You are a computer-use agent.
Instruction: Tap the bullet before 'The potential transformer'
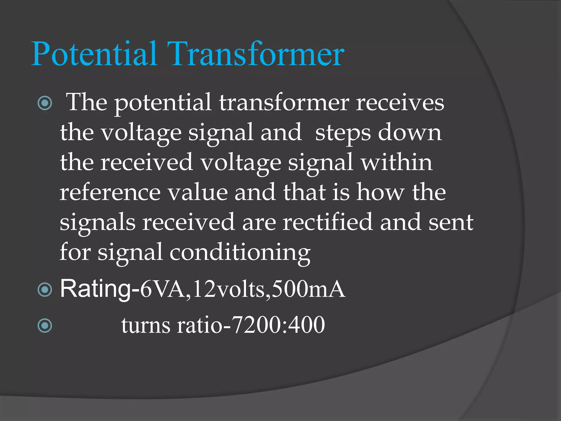point(45,103)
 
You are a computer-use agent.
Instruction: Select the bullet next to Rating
point(45,289)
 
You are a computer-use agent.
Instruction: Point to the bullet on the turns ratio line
point(45,325)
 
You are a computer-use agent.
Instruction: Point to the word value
point(198,192)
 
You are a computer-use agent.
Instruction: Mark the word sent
point(451,223)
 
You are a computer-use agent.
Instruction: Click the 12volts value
point(229,289)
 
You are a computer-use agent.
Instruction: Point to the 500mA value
point(308,289)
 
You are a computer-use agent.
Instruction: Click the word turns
point(146,326)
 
